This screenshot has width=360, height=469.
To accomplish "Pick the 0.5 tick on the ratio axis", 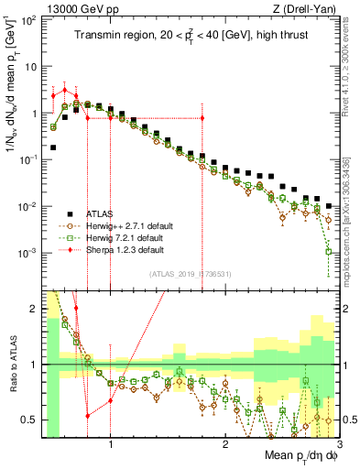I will pyautogui.click(x=30, y=420).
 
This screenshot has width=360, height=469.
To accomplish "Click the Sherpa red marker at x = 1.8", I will pyautogui.click(x=202, y=118).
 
